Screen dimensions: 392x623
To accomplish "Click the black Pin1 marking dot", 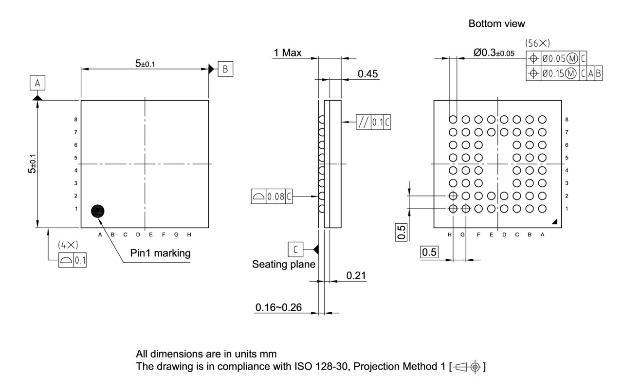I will [x=98, y=211].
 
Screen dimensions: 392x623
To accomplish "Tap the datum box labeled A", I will [x=37, y=84].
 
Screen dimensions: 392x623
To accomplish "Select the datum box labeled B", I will [x=225, y=69].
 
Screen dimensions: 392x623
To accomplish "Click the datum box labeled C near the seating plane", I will [x=295, y=249].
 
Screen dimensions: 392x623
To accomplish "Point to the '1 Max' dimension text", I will [x=288, y=53].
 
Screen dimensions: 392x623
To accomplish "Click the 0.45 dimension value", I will [x=368, y=73].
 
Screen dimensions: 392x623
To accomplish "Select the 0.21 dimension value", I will [x=356, y=276].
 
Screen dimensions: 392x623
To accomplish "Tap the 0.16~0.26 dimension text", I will [x=278, y=307].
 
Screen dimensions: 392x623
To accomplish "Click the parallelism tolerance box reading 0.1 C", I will [x=373, y=122].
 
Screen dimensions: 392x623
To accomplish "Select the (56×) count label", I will [x=538, y=43].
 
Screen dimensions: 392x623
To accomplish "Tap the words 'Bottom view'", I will [x=496, y=23].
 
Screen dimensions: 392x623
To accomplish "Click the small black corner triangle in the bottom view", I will [x=555, y=222].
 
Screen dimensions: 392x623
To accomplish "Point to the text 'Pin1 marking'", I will [x=160, y=253].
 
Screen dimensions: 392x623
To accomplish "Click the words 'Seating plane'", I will [x=283, y=265].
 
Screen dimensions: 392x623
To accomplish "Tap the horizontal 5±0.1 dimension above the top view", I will [x=145, y=63].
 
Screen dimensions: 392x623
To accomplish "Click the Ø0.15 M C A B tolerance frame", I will [x=565, y=73].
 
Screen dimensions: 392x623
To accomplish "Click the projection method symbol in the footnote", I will [x=474, y=366].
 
